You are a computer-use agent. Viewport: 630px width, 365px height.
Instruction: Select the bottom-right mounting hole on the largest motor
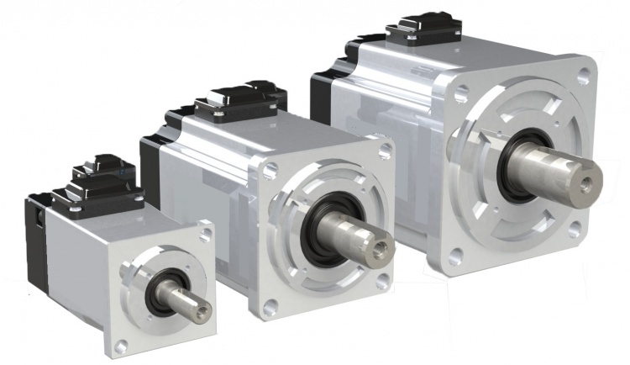574,229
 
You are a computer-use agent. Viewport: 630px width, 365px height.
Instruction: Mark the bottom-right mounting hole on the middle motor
382,281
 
